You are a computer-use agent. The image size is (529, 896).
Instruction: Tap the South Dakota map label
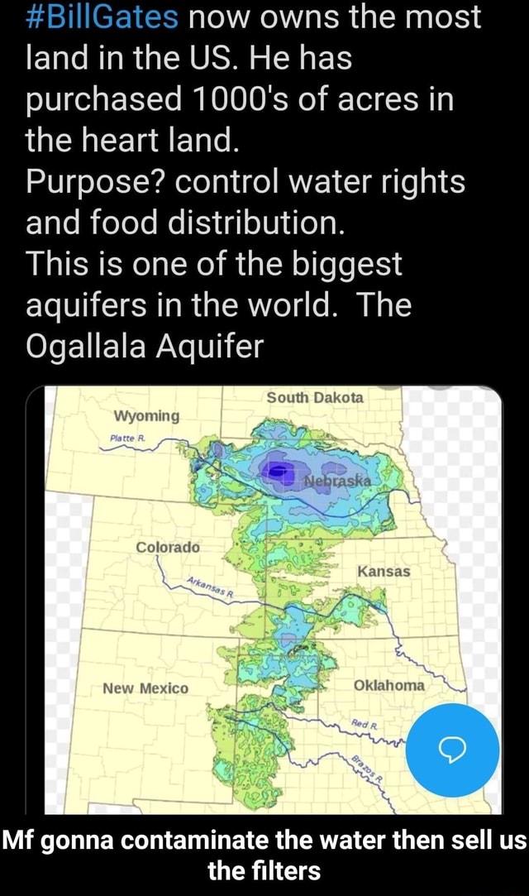pos(314,397)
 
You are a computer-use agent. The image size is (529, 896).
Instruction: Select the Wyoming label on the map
pos(145,414)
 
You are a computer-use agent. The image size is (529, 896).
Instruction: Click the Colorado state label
pos(169,547)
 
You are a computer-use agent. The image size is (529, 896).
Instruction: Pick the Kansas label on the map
pos(384,572)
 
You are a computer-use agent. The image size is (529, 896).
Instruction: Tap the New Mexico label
pos(145,688)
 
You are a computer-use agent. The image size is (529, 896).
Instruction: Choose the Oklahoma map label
pos(388,686)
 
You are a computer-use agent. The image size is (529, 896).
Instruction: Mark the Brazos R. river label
pos(368,768)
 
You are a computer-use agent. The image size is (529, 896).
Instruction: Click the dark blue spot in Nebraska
pos(281,471)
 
